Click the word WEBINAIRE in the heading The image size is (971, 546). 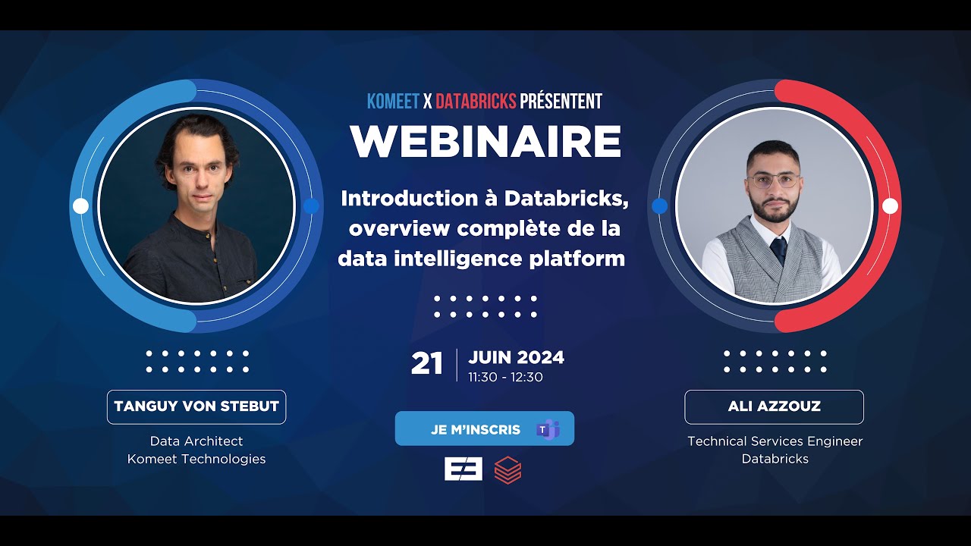[x=485, y=141]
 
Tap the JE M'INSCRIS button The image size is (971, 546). [x=476, y=429]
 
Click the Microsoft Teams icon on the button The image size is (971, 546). [x=547, y=429]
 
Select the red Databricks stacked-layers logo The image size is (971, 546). [x=507, y=470]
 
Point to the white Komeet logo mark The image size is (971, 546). [x=463, y=469]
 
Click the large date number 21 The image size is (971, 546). [x=426, y=364]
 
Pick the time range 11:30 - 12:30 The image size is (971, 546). [x=505, y=377]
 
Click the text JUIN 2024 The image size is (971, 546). [x=516, y=357]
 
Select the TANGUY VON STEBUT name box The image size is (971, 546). [x=196, y=406]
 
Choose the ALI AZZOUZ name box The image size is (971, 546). [x=774, y=406]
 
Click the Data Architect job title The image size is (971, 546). [x=196, y=441]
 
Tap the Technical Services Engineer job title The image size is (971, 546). [x=775, y=441]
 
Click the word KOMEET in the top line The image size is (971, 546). [x=393, y=101]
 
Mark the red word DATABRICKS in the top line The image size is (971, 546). [x=476, y=101]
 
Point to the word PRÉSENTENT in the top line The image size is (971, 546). [x=561, y=101]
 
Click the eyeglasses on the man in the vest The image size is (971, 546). [x=773, y=180]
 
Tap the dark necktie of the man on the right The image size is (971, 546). [x=778, y=249]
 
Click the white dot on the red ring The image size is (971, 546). [x=890, y=206]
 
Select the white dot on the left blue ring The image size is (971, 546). [x=80, y=206]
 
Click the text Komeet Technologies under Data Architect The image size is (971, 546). [x=196, y=459]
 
